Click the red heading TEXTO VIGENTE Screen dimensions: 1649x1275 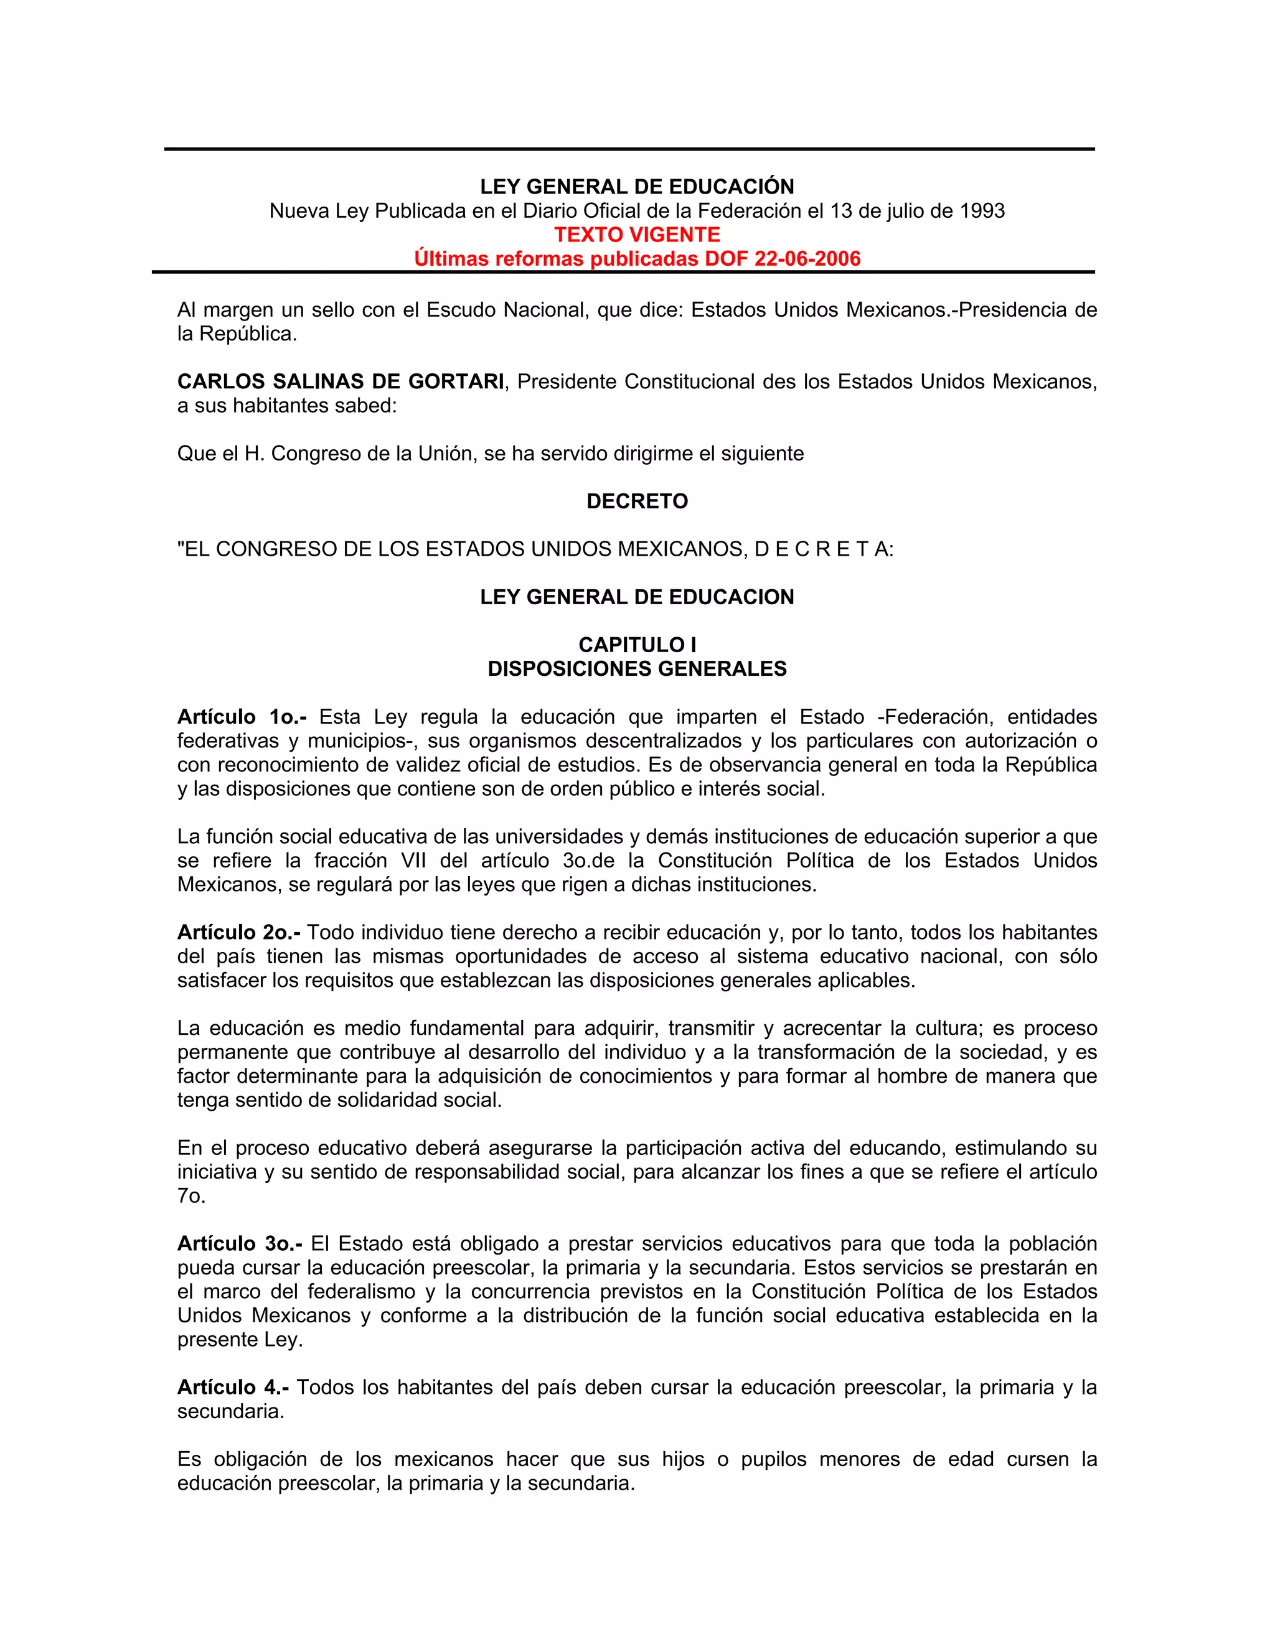point(637,235)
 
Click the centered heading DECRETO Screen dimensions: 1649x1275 point(637,502)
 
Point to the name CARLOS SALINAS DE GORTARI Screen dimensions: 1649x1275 point(341,382)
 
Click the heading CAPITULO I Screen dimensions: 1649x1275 point(637,645)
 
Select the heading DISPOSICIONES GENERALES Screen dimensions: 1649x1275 point(637,669)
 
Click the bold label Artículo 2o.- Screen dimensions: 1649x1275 point(238,933)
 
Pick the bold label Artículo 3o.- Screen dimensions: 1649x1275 point(240,1243)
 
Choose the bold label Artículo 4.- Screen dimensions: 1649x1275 point(233,1387)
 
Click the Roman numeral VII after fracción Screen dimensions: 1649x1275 point(413,861)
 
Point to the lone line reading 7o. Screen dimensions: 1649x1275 point(191,1196)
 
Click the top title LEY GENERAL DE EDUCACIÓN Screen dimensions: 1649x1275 point(637,187)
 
